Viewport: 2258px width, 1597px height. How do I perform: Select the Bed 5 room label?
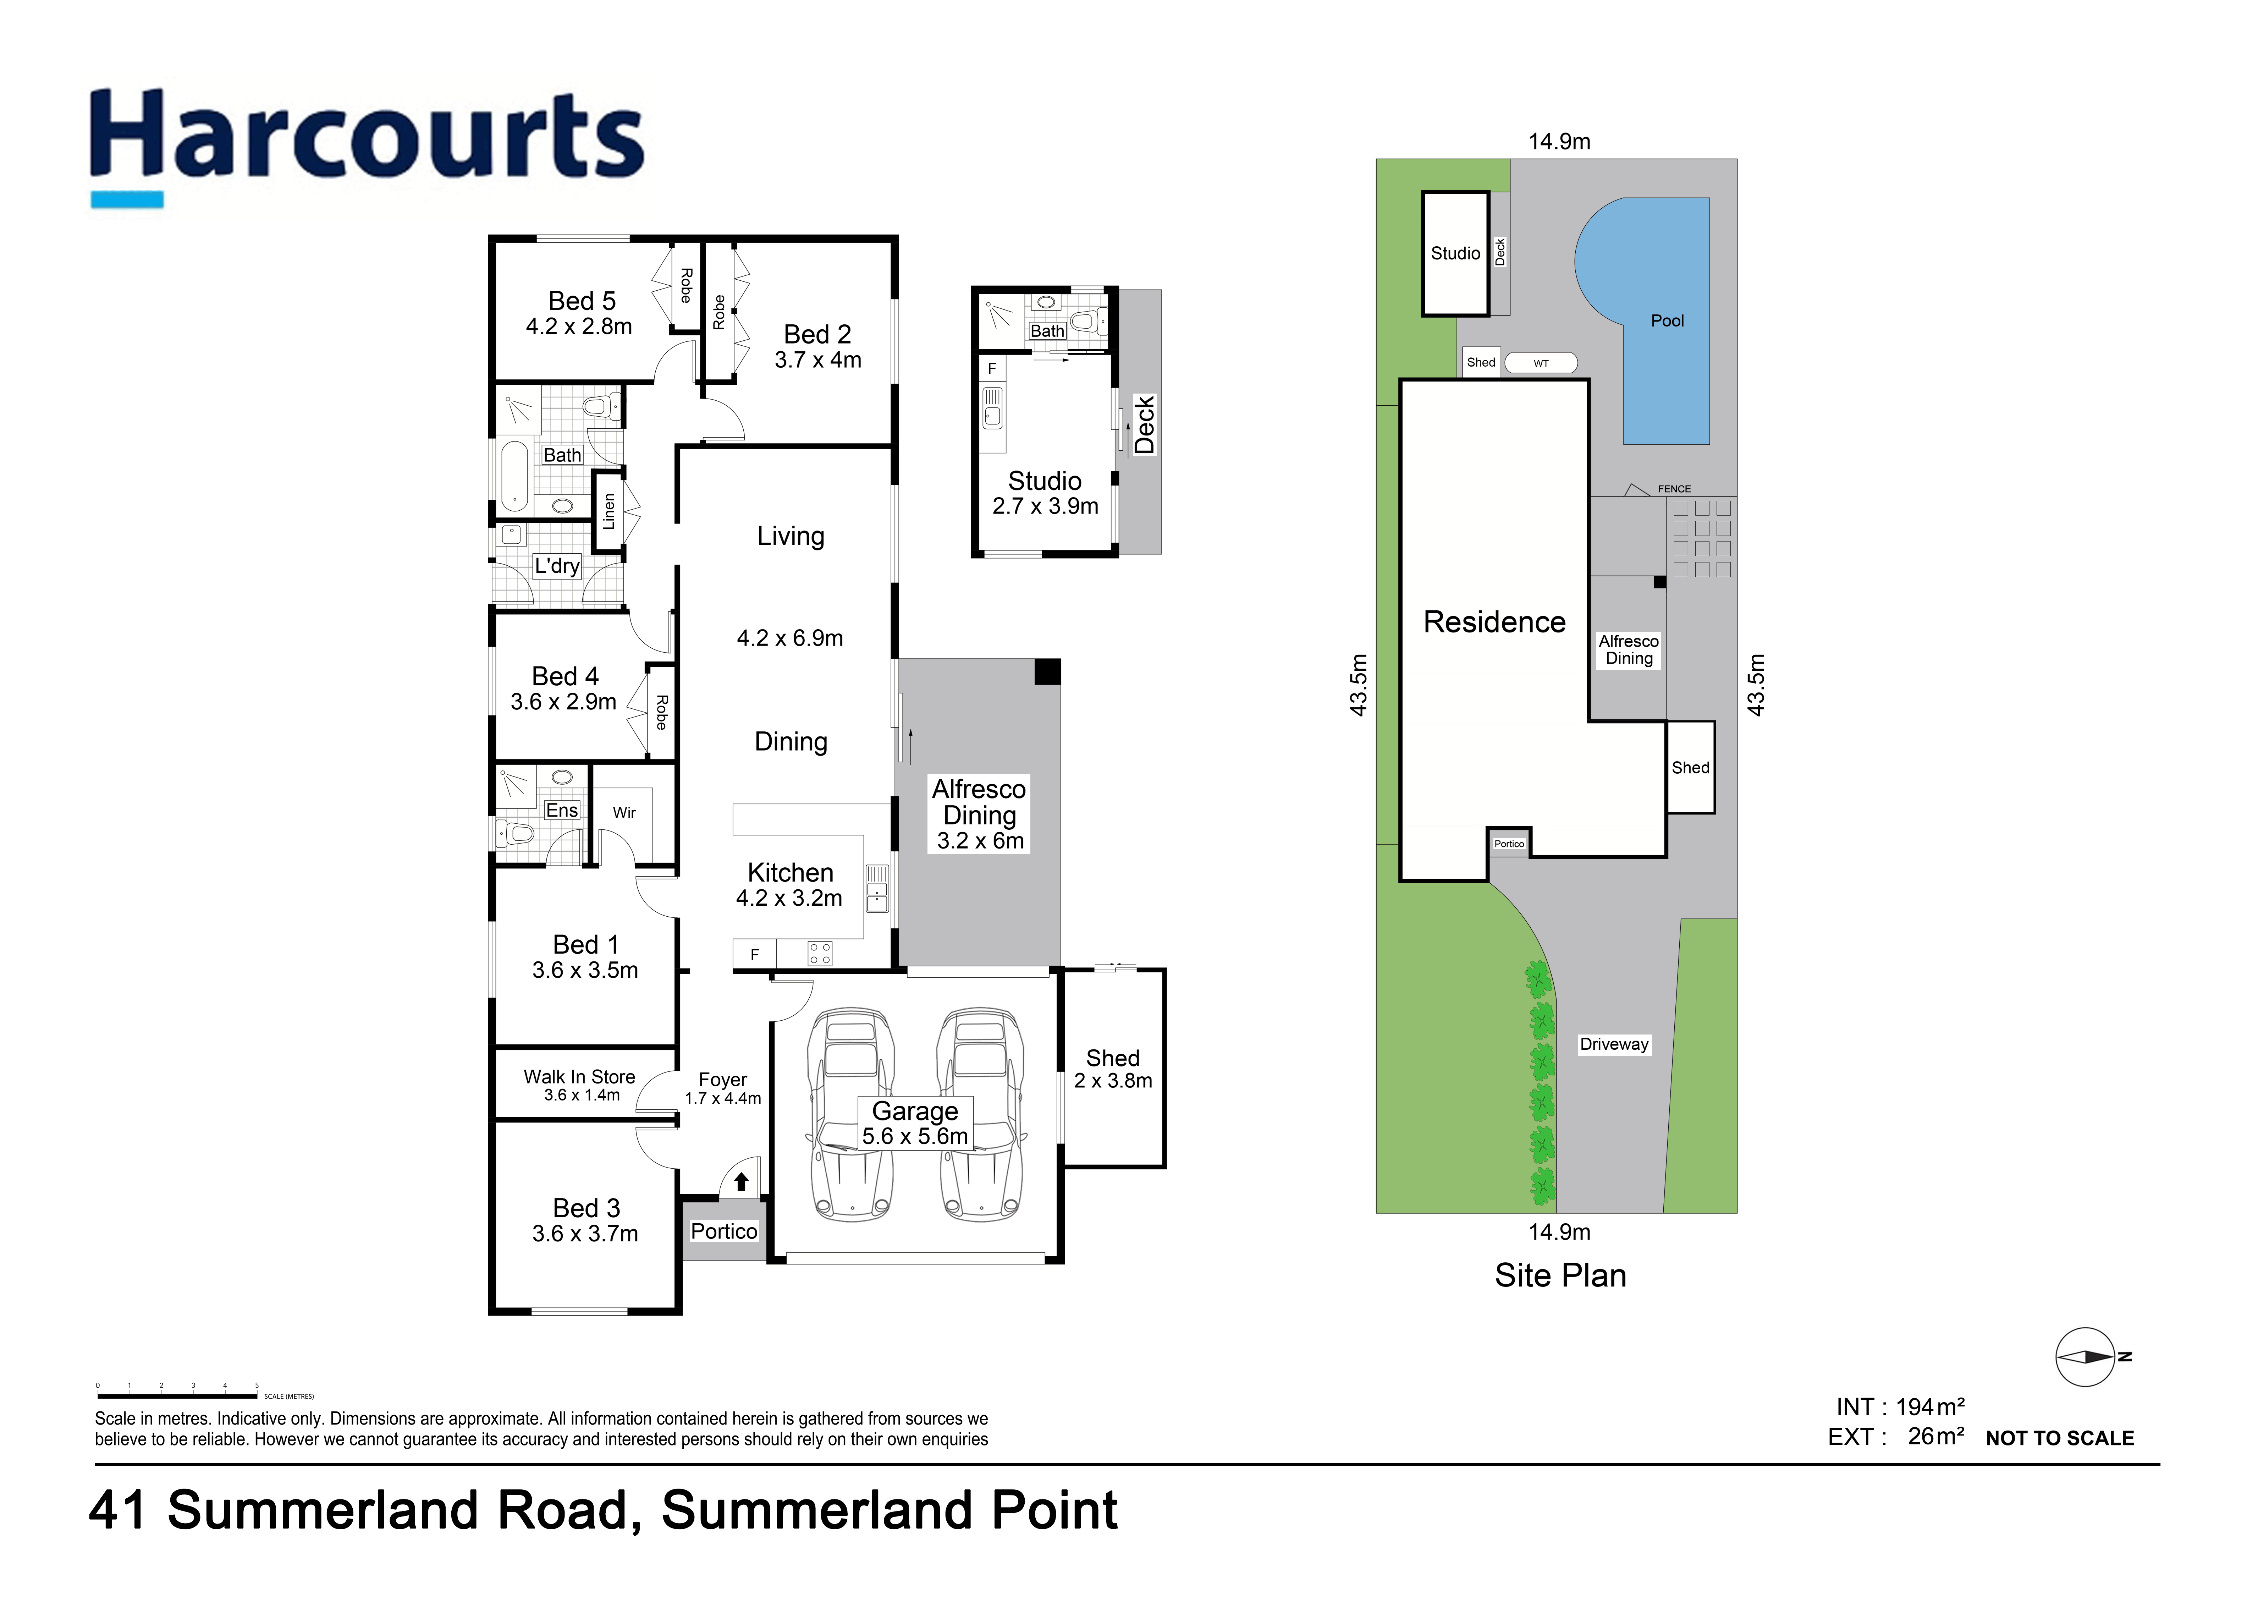[581, 301]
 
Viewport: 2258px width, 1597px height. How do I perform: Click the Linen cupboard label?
[609, 511]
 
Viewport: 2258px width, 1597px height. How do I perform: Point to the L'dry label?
[557, 566]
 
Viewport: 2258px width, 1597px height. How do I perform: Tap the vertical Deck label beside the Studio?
[1144, 425]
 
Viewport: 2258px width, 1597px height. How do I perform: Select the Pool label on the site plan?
[1667, 320]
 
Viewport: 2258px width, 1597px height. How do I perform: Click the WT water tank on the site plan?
[1541, 363]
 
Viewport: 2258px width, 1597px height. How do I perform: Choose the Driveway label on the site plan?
[1614, 1044]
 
